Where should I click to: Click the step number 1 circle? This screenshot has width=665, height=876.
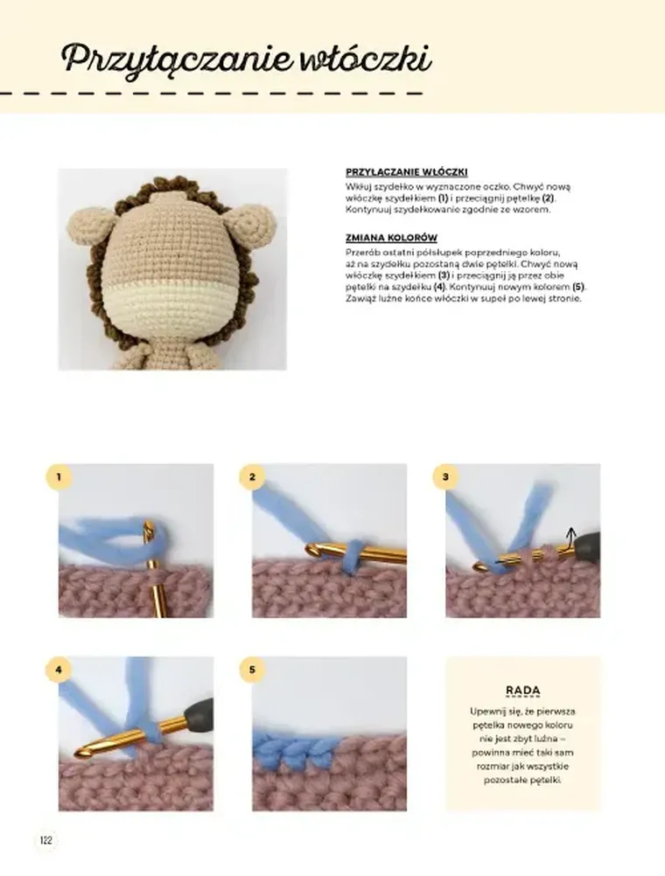click(59, 477)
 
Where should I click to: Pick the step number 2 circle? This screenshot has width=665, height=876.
click(252, 477)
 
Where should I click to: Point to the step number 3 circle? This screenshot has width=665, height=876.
click(445, 477)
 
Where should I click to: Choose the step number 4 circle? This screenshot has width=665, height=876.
click(59, 671)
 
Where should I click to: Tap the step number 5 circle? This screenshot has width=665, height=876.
click(252, 671)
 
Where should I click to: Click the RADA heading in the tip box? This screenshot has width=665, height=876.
click(522, 690)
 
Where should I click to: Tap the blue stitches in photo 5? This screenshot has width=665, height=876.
click(289, 747)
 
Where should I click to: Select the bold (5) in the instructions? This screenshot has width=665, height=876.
click(577, 288)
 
